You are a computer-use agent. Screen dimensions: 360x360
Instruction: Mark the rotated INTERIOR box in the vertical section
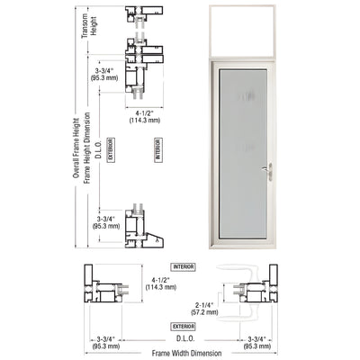[x=157, y=148]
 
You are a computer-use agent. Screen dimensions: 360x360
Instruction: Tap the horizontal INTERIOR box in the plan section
[x=184, y=267]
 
